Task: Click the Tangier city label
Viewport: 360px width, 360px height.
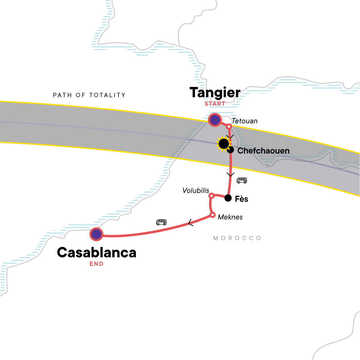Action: tap(215, 93)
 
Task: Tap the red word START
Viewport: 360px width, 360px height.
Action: tap(215, 104)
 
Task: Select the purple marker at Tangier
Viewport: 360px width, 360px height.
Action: tap(215, 120)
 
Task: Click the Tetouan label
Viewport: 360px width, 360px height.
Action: tap(244, 121)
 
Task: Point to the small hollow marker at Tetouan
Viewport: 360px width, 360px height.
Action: tap(229, 126)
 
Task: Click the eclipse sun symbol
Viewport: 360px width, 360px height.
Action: tap(223, 144)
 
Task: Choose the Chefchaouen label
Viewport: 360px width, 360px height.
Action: tap(263, 151)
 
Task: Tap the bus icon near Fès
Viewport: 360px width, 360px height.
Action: tap(242, 180)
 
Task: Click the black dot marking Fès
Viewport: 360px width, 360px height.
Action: tap(228, 198)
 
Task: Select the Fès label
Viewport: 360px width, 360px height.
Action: tap(241, 199)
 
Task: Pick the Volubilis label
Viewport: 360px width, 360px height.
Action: tap(196, 190)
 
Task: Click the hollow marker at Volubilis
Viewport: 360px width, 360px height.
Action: tap(211, 196)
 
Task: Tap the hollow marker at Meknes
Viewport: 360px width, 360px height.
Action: tap(212, 215)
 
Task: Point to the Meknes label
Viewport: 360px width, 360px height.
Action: tap(230, 217)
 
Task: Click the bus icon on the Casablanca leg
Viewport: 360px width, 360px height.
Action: tap(161, 222)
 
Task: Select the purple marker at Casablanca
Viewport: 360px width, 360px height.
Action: tap(96, 234)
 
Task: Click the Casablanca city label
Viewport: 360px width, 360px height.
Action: tap(96, 253)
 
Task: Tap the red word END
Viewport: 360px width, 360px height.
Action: tap(96, 264)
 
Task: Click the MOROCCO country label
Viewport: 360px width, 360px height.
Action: tap(237, 238)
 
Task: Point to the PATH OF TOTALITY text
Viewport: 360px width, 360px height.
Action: tap(89, 95)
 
